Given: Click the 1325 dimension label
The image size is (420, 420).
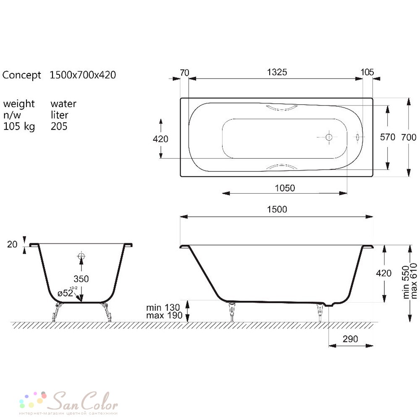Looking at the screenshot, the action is click(x=277, y=72).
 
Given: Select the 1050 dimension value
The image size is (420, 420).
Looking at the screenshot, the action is click(x=285, y=188).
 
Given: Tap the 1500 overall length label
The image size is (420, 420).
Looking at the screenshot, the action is click(x=277, y=209).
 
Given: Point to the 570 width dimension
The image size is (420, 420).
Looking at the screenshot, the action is click(x=388, y=137).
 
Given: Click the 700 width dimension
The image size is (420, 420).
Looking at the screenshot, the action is click(x=409, y=137).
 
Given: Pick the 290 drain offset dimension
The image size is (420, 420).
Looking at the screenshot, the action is click(x=350, y=339).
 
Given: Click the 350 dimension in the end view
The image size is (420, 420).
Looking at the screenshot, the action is click(x=81, y=279).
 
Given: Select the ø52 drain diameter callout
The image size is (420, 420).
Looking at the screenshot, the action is click(x=66, y=292).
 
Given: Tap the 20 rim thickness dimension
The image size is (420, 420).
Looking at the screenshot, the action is click(x=12, y=244).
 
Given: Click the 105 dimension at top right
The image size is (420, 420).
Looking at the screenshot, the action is click(x=367, y=72).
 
